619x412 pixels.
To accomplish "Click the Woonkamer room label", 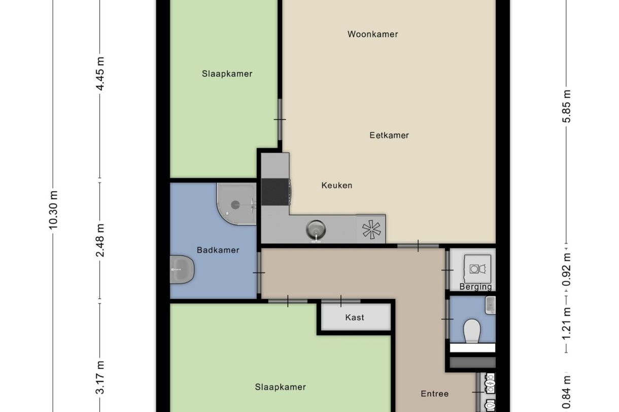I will pyautogui.click(x=372, y=34).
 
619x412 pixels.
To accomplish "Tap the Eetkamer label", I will pyautogui.click(x=389, y=135).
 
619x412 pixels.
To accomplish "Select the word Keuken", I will pyautogui.click(x=336, y=185).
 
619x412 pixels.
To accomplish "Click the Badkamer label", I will pyautogui.click(x=218, y=250).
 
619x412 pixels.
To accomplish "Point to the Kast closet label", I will pyautogui.click(x=355, y=318).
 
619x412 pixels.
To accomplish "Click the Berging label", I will pyautogui.click(x=475, y=287).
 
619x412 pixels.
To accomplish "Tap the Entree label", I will pyautogui.click(x=434, y=393).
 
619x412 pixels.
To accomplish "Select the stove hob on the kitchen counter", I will pyautogui.click(x=275, y=192).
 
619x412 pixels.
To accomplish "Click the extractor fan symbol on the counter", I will pyautogui.click(x=371, y=230).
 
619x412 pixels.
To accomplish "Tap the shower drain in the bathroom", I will pyautogui.click(x=235, y=205).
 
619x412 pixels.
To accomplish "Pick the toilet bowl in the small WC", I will pyautogui.click(x=472, y=330).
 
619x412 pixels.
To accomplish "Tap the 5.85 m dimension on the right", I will pyautogui.click(x=567, y=106).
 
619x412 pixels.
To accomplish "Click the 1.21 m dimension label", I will pyautogui.click(x=567, y=324).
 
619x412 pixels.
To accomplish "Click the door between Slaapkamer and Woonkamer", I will pyautogui.click(x=279, y=120).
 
